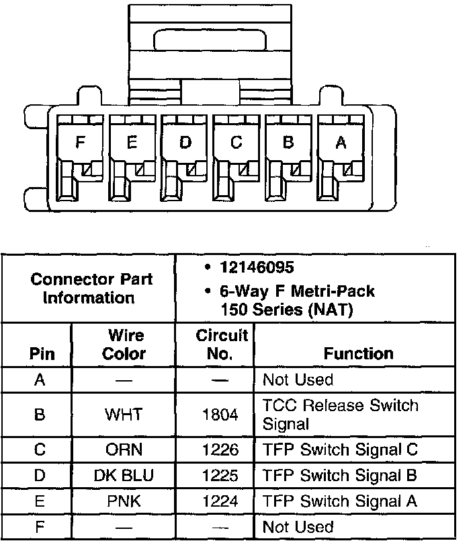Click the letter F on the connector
(81, 142)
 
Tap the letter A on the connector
(341, 142)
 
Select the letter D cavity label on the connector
(185, 142)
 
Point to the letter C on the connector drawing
(236, 142)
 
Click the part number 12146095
(257, 268)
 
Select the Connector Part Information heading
(91, 288)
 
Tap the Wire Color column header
(124, 344)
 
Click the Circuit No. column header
(222, 344)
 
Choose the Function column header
(358, 353)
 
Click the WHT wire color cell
(124, 415)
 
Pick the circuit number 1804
(220, 415)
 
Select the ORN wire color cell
(124, 449)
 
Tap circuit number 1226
(220, 449)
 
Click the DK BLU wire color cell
(124, 476)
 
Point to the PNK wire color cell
(124, 501)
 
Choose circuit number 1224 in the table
(220, 501)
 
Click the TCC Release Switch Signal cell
(340, 414)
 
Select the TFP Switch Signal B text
(340, 476)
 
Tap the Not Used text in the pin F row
(298, 526)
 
